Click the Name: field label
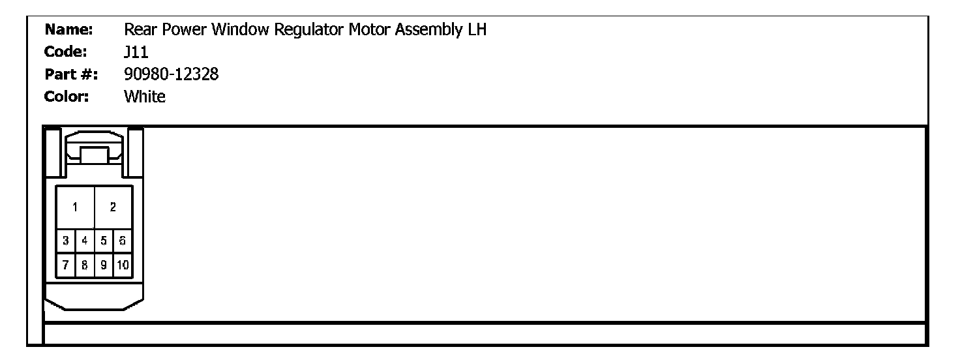click(x=68, y=29)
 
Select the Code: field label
click(x=66, y=52)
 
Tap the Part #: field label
click(x=71, y=74)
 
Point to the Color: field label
click(x=67, y=97)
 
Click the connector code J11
click(x=136, y=52)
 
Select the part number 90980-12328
click(x=172, y=74)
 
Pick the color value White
click(x=144, y=97)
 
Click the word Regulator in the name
click(x=308, y=30)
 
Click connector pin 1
click(x=76, y=207)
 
